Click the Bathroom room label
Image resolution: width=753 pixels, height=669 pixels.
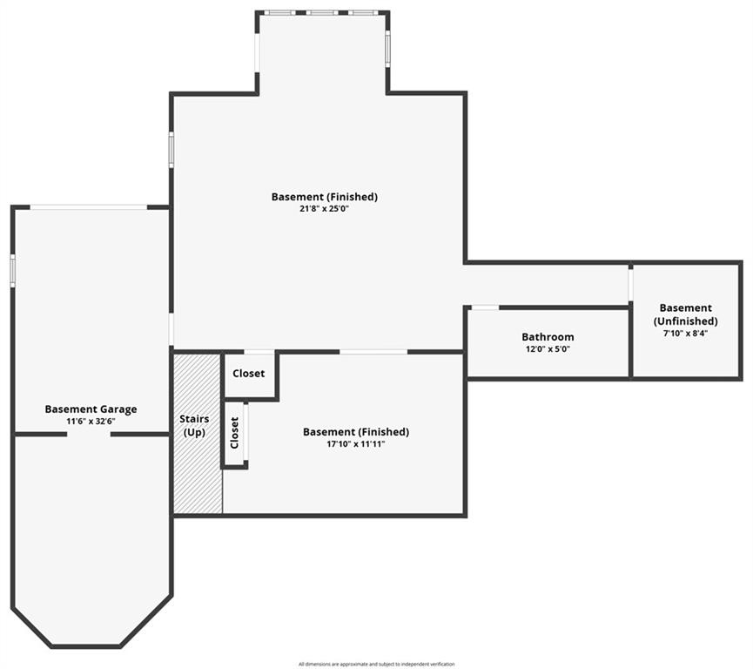point(548,337)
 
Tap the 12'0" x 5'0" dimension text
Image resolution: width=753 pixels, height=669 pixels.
point(548,349)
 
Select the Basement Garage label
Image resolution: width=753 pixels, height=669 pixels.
point(91,409)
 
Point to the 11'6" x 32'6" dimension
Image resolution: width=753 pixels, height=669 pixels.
point(91,421)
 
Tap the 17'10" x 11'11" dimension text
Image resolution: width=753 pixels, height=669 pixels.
point(355,444)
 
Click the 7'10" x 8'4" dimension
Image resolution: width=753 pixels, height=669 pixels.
point(686,333)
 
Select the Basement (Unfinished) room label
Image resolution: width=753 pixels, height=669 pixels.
point(686,314)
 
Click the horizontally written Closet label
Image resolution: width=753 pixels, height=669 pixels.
point(249,374)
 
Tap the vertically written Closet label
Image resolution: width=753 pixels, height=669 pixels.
point(235,433)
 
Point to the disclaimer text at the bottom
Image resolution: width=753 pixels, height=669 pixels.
point(376,664)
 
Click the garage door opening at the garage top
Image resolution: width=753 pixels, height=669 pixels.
point(89,207)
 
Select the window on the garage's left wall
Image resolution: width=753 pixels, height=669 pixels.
point(13,269)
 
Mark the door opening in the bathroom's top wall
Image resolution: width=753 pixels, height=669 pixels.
point(485,307)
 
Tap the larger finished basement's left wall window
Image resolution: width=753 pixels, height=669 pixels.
point(171,149)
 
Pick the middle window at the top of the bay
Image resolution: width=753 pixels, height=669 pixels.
point(323,13)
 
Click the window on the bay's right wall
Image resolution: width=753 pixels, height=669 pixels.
point(387,48)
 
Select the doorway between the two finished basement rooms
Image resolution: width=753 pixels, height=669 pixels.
point(373,352)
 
